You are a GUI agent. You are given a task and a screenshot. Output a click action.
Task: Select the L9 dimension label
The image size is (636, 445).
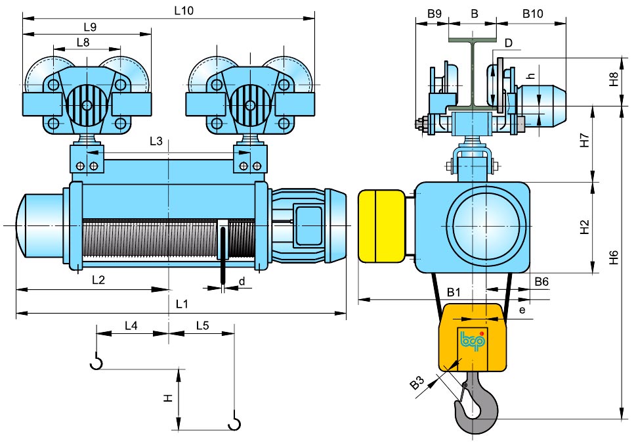[x=90, y=27]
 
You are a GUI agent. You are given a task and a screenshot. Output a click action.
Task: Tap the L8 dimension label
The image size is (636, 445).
[x=83, y=42]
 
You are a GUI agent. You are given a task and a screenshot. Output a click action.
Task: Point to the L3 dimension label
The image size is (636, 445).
[x=156, y=141]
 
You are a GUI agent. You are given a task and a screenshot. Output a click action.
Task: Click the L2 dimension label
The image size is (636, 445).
[x=98, y=279]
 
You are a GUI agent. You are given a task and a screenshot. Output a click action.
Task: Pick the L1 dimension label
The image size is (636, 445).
[x=182, y=304]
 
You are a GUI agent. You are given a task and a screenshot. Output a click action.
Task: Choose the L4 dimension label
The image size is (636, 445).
[x=131, y=325]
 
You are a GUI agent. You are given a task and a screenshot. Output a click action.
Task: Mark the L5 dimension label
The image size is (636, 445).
[x=202, y=325]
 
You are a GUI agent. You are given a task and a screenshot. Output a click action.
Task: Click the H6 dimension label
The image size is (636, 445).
[x=614, y=258]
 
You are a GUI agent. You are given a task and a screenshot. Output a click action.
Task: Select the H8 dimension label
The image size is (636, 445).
[x=614, y=80]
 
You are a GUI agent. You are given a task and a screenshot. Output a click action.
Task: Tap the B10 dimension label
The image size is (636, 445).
[x=532, y=14]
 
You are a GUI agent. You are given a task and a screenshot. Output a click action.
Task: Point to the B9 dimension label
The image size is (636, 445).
[x=435, y=14]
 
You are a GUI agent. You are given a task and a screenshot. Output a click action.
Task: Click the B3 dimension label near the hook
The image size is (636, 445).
[x=417, y=382]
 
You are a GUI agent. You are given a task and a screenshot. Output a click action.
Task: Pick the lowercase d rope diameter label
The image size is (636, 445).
[x=242, y=281]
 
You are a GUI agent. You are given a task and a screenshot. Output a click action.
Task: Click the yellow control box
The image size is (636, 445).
[x=382, y=226]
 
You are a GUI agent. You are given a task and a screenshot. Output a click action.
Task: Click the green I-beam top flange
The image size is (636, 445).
[x=473, y=40]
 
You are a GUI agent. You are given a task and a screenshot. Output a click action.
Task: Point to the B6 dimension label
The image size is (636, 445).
[x=541, y=281]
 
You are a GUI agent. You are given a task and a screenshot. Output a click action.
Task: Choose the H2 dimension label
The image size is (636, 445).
[x=585, y=227]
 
